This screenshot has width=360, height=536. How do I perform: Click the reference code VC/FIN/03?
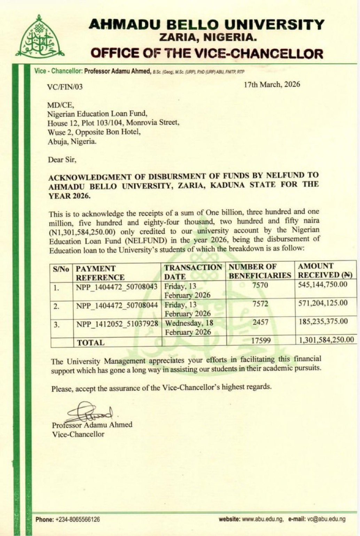pos(65,87)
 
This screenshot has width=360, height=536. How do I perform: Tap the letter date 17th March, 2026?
pos(272,84)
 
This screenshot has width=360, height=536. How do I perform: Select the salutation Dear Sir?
pos(62,160)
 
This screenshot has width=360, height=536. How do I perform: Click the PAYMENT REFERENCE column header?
pos(100,273)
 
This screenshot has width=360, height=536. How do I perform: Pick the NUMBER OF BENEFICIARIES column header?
pos(260,271)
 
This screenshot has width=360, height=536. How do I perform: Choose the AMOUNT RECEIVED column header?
pos(325,270)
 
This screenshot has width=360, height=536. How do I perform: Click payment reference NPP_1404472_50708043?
pos(117,287)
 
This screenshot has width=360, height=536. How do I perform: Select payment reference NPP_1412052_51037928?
pos(117,324)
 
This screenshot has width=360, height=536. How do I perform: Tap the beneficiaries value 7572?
pos(260,304)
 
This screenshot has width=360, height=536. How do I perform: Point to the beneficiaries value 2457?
pos(260,322)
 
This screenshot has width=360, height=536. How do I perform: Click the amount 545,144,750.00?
pos(323,285)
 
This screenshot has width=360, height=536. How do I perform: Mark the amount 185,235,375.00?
pos(323,321)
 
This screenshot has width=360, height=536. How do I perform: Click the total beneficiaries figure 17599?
pos(261,340)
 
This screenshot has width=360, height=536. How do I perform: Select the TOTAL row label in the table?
pos(91,343)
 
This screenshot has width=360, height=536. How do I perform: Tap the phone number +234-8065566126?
pos(77,519)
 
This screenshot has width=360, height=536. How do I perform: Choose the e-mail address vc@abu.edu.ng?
pos(326,519)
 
